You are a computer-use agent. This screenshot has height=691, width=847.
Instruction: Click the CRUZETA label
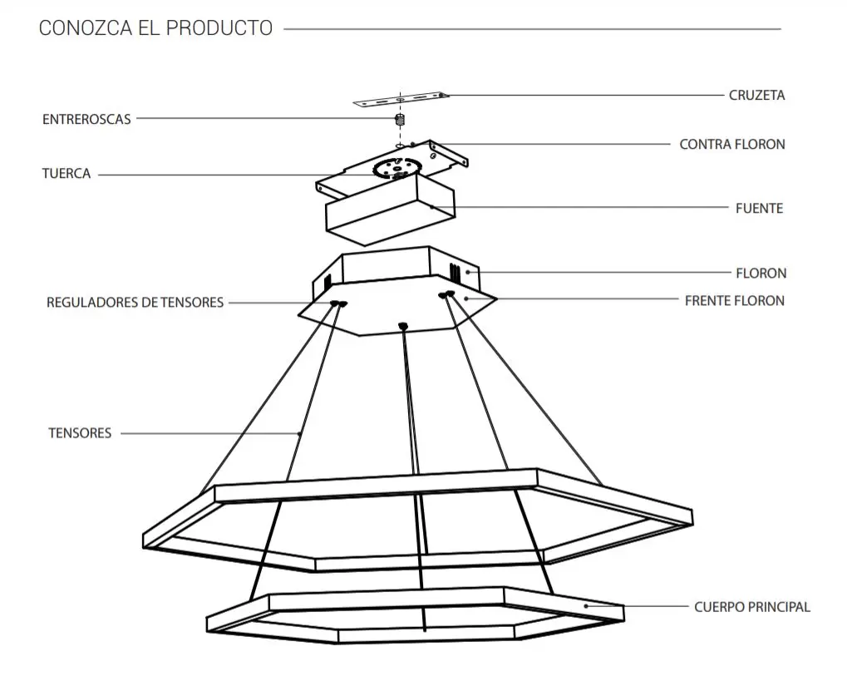click(756, 95)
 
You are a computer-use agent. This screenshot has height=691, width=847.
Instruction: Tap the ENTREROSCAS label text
click(86, 119)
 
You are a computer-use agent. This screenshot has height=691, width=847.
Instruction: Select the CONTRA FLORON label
click(732, 144)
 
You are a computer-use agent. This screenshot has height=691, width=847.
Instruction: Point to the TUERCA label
click(66, 174)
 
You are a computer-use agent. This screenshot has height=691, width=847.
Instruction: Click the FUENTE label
click(759, 208)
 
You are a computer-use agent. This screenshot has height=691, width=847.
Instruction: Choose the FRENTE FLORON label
click(735, 300)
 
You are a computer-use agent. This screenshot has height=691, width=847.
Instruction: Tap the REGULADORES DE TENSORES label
click(135, 302)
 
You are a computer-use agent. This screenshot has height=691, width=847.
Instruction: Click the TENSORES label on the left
click(80, 432)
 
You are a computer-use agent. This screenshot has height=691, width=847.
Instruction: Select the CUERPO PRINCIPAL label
click(752, 607)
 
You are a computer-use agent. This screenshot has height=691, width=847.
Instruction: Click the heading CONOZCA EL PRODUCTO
click(155, 28)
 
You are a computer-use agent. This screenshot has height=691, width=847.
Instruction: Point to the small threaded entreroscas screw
click(400, 120)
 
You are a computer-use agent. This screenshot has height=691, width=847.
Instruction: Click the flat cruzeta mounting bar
click(401, 100)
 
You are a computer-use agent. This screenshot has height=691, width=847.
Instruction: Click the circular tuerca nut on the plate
click(397, 167)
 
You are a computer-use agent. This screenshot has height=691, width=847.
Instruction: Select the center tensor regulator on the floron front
click(402, 325)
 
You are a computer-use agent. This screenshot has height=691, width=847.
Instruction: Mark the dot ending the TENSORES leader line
click(300, 433)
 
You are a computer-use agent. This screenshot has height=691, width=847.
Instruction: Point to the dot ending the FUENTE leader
click(432, 207)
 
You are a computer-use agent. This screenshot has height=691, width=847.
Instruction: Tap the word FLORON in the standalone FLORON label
click(761, 273)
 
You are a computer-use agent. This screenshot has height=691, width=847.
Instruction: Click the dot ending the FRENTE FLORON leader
click(466, 299)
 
